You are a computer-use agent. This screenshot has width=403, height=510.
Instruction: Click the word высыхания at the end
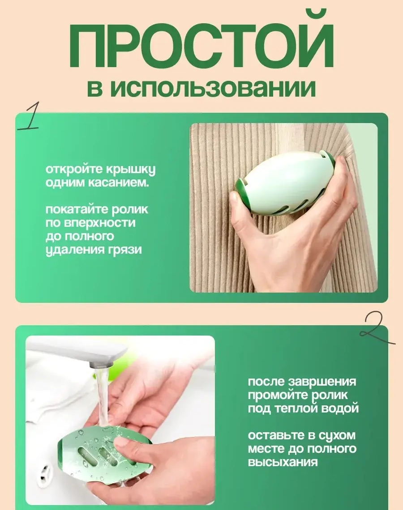[x=283, y=462]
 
